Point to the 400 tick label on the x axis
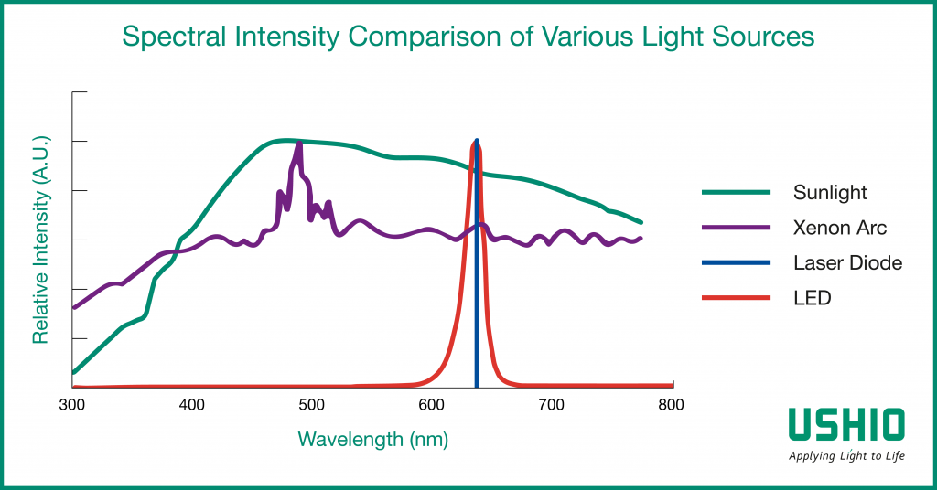(191, 405)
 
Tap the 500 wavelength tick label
(311, 405)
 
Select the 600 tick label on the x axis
(431, 405)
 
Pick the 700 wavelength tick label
(551, 405)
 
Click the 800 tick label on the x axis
(671, 405)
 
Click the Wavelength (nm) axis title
(372, 439)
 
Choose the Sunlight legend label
(830, 193)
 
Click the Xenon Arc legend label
(840, 228)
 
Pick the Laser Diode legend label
(847, 263)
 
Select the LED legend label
(813, 298)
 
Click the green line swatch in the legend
(735, 193)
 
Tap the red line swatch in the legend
(735, 298)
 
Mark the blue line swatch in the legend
(735, 263)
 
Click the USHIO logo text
(847, 424)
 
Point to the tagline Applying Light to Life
(847, 455)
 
